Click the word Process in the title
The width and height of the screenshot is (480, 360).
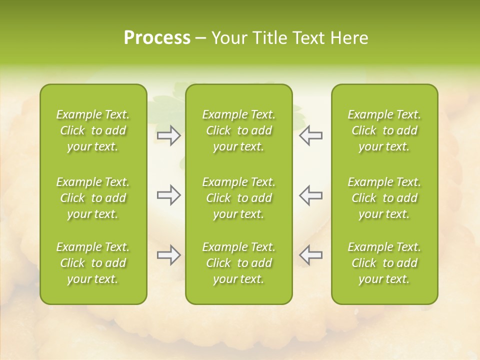157,38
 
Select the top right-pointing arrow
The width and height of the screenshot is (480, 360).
169,135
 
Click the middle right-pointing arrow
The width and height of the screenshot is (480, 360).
169,195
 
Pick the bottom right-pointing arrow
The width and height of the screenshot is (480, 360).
169,255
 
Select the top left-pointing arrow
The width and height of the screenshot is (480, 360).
310,135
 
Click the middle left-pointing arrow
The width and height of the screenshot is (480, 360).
310,195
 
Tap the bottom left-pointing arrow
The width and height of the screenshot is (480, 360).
310,255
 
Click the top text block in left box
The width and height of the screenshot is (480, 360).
93,130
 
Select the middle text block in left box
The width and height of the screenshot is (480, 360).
93,198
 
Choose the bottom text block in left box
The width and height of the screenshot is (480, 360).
93,263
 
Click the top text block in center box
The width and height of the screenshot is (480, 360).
238,130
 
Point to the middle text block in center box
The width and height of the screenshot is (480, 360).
238,198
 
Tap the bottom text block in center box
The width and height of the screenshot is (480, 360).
238,263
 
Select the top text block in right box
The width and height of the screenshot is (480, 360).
384,130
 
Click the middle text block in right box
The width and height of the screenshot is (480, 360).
384,198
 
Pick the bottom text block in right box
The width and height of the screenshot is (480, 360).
384,263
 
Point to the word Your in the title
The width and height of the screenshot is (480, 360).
229,38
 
